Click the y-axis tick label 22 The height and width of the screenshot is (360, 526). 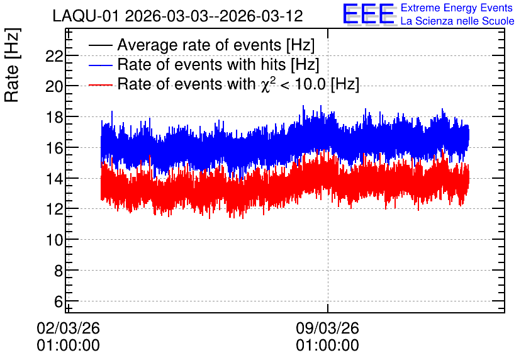[x=54, y=56]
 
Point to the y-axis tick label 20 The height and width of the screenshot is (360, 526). [x=54, y=87]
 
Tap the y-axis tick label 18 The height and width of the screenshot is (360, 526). [x=54, y=117]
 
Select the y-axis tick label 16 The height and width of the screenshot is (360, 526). [x=54, y=148]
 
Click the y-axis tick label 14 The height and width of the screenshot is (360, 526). [x=54, y=179]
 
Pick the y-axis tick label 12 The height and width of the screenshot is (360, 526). [x=54, y=209]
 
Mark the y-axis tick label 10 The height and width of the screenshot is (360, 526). [x=54, y=240]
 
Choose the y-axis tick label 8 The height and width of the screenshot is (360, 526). [x=59, y=271]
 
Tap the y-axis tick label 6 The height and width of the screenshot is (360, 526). [x=59, y=301]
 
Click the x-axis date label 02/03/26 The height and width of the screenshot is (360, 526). [x=68, y=328]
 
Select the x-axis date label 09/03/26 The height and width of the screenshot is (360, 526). [x=327, y=328]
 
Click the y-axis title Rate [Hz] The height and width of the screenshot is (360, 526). [x=12, y=65]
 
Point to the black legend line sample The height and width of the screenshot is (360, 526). [x=100, y=45]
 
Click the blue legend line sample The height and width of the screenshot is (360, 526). [x=100, y=65]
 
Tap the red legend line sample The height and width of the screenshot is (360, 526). [x=100, y=84]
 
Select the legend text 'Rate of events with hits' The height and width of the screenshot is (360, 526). [x=201, y=64]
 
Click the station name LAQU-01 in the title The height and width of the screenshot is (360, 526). [x=86, y=16]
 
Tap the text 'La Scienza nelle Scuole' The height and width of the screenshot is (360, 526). [x=457, y=21]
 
